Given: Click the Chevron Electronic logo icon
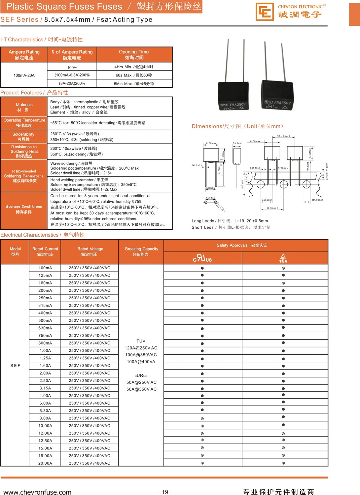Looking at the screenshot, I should (x=265, y=12).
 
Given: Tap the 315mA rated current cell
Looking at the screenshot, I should (x=45, y=306).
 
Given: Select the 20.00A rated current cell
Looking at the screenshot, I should (x=45, y=463).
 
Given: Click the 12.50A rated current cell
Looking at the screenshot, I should (x=45, y=441).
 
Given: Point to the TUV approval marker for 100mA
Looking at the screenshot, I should (x=283, y=268).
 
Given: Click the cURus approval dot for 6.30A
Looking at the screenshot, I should (x=202, y=410).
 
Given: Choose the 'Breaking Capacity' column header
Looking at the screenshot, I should (x=141, y=252).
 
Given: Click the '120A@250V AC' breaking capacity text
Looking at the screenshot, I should (x=141, y=348).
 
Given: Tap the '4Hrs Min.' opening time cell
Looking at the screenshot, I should (x=134, y=67).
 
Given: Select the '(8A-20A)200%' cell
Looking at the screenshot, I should (x=72, y=83).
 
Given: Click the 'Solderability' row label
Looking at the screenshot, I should (x=24, y=137).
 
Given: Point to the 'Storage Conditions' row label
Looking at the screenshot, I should (x=24, y=209).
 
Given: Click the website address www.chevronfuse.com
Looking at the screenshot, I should (x=37, y=492).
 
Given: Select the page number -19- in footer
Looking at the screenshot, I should (x=165, y=492).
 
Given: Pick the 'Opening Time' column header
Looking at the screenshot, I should (x=134, y=54).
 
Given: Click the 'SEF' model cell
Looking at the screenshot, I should (x=15, y=366).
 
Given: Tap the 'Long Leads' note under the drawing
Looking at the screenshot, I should (x=230, y=221).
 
